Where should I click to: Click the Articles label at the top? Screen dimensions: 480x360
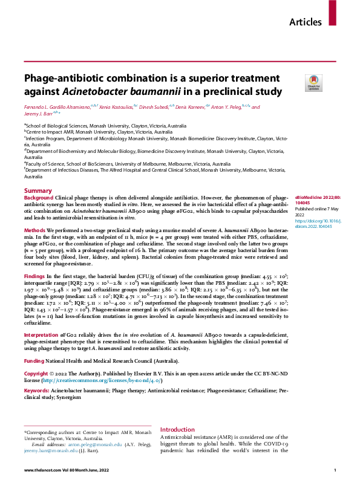click(306, 22)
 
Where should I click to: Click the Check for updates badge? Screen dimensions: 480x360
click(314, 83)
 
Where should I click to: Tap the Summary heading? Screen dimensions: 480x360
click(38, 191)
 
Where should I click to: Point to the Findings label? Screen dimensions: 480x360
click(35, 275)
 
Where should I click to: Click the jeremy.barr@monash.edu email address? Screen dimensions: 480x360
click(46, 450)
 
